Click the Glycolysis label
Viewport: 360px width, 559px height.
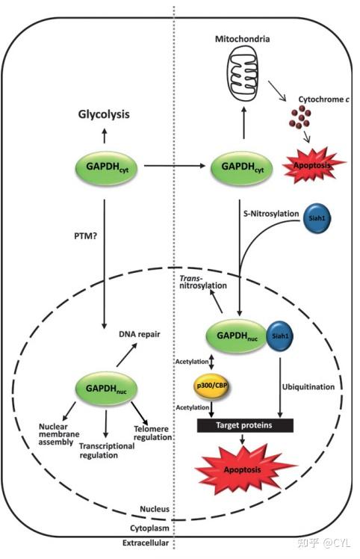pyautogui.click(x=105, y=114)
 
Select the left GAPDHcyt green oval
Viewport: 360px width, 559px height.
pyautogui.click(x=105, y=166)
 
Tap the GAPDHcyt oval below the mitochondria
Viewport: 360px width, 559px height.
pyautogui.click(x=241, y=166)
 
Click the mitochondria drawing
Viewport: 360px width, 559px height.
pyautogui.click(x=245, y=72)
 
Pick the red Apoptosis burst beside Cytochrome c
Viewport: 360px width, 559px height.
pyautogui.click(x=313, y=159)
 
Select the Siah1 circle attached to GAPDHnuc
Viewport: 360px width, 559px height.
pyautogui.click(x=280, y=336)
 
